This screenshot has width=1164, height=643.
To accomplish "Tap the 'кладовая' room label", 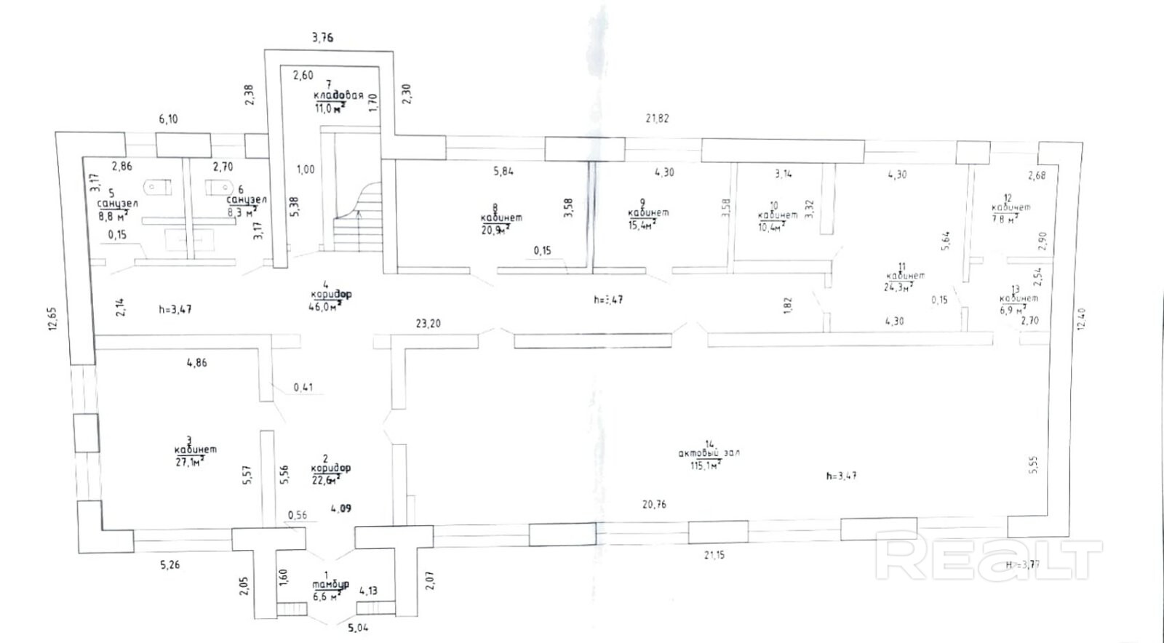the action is pyautogui.click(x=338, y=95).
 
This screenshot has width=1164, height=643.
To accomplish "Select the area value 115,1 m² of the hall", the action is pyautogui.click(x=705, y=465).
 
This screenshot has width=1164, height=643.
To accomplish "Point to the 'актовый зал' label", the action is pyautogui.click(x=709, y=452).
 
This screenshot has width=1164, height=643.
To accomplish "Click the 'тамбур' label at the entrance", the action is pyautogui.click(x=330, y=584).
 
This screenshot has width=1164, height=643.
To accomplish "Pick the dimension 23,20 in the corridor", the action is pyautogui.click(x=428, y=323).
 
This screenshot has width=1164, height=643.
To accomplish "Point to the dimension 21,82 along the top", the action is pyautogui.click(x=657, y=119).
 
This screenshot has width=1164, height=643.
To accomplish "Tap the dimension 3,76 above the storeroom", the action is pyautogui.click(x=322, y=37).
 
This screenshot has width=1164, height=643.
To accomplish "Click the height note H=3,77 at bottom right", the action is pyautogui.click(x=1023, y=564).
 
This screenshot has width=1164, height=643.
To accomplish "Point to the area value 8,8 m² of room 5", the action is pyautogui.click(x=113, y=215).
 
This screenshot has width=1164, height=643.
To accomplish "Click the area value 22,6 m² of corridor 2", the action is pyautogui.click(x=325, y=480).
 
